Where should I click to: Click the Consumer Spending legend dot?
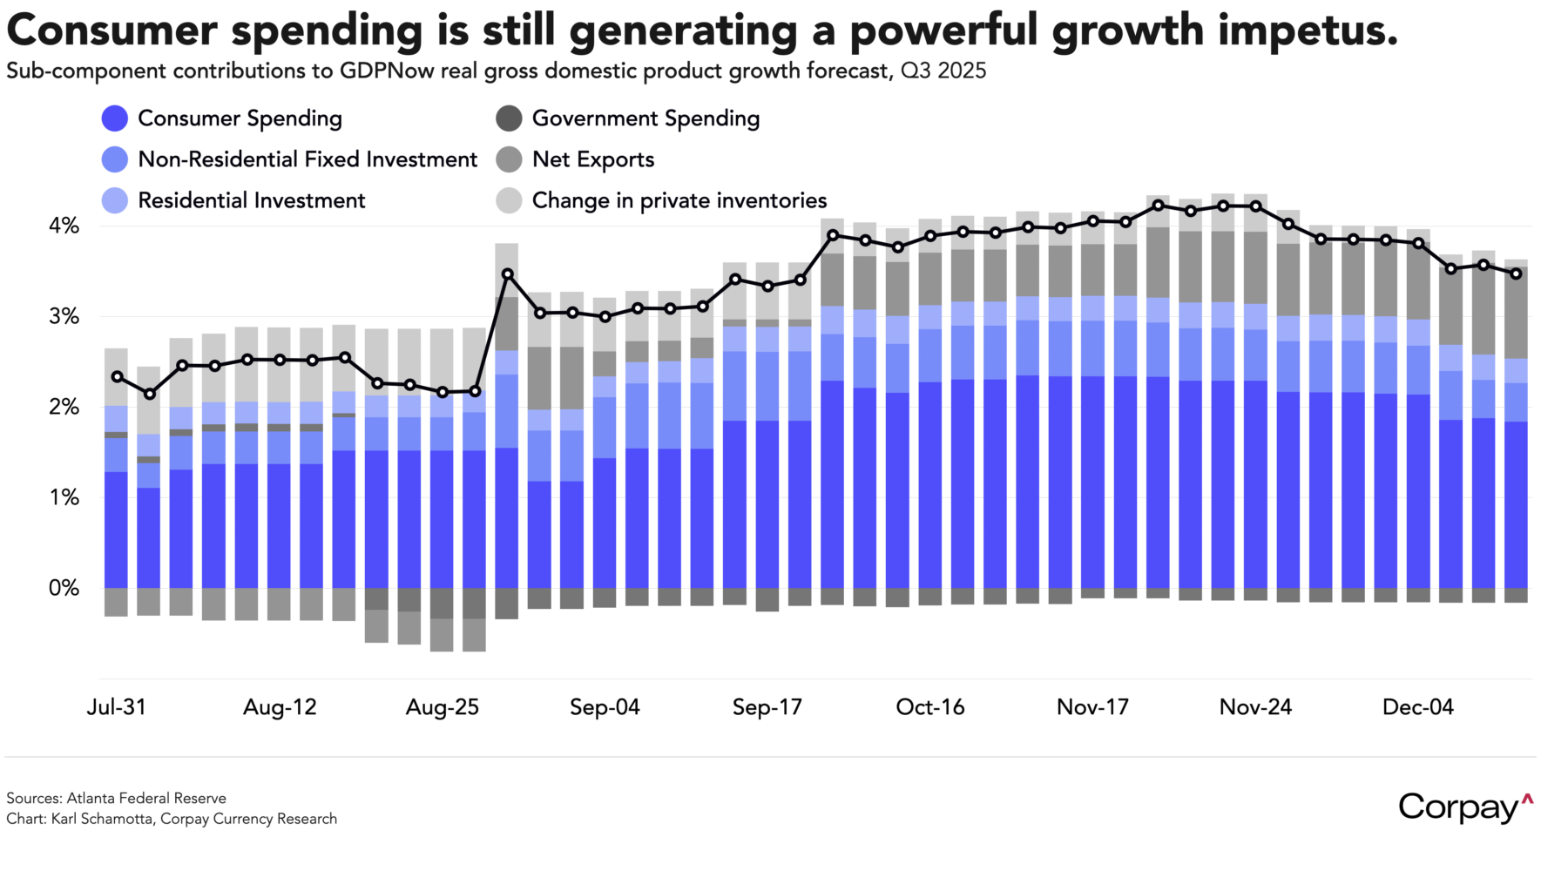pyautogui.click(x=115, y=118)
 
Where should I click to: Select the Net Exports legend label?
pyautogui.click(x=592, y=159)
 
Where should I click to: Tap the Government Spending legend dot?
pyautogui.click(x=509, y=118)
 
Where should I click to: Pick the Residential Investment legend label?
pyautogui.click(x=251, y=200)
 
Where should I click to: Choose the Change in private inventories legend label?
pyautogui.click(x=679, y=200)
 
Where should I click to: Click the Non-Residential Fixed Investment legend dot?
pyautogui.click(x=115, y=159)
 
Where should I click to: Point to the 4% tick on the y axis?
pyautogui.click(x=64, y=226)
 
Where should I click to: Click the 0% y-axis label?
pyautogui.click(x=64, y=588)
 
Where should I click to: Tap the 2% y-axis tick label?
pyautogui.click(x=64, y=407)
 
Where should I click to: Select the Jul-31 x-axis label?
pyautogui.click(x=116, y=707)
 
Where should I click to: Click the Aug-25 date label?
pyautogui.click(x=442, y=707)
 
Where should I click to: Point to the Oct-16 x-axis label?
pyautogui.click(x=929, y=707)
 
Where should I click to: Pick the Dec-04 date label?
pyautogui.click(x=1417, y=707)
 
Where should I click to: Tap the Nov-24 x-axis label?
pyautogui.click(x=1254, y=707)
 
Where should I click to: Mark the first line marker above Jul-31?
pyautogui.click(x=118, y=377)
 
